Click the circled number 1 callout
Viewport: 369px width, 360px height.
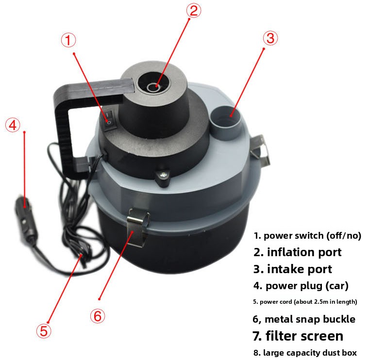point(68,40)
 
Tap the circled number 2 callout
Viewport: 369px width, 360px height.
point(194,11)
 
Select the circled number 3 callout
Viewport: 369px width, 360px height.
point(270,38)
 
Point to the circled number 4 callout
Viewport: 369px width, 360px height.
point(13,125)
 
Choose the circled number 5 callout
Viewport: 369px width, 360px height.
point(44,331)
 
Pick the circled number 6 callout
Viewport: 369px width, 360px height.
point(98,316)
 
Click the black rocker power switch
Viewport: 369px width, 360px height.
point(110,119)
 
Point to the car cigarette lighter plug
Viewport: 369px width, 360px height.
point(25,221)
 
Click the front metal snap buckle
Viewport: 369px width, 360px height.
point(138,228)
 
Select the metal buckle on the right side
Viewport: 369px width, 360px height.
point(260,149)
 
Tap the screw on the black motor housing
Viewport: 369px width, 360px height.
point(163,175)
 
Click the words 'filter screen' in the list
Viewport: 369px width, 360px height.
point(304,336)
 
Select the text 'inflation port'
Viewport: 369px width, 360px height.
point(304,252)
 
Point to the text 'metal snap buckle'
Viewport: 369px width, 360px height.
point(310,319)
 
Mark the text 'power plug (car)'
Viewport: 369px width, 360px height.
point(307,286)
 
